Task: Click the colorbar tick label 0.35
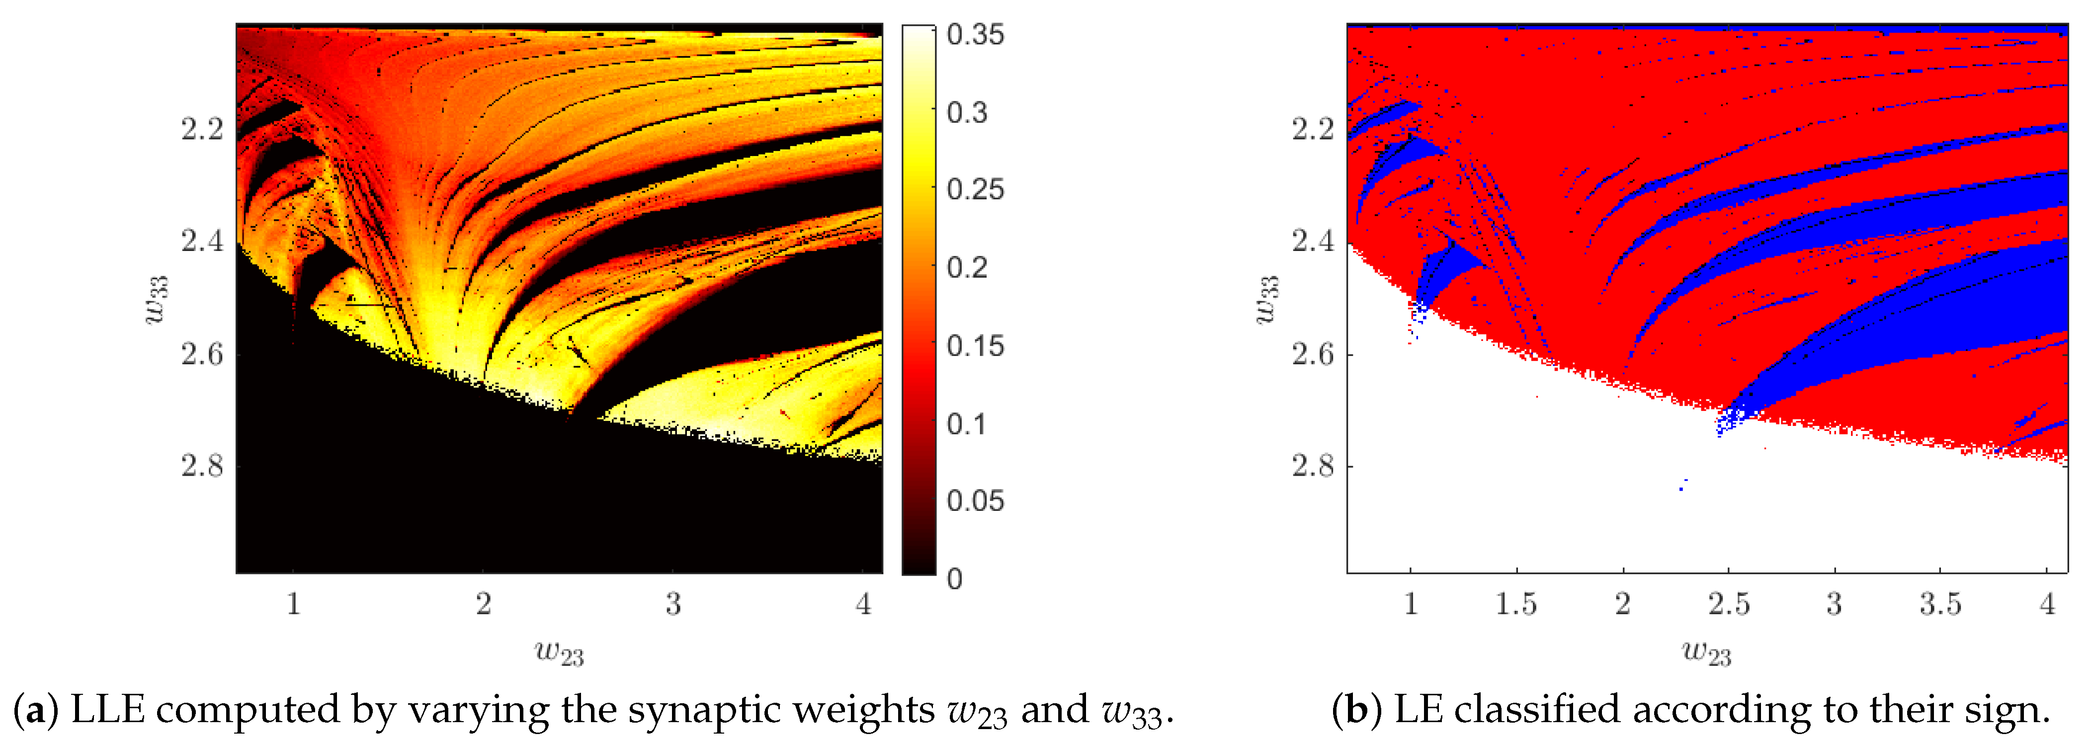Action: click(x=975, y=34)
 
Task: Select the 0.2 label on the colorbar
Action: click(x=967, y=267)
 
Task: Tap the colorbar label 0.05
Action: click(x=975, y=500)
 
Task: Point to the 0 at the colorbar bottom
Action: click(x=955, y=579)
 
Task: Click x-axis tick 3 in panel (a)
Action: click(x=673, y=604)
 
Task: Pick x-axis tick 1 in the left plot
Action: click(x=293, y=604)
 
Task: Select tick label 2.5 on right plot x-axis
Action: click(x=1728, y=604)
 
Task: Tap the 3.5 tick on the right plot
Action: click(x=1940, y=604)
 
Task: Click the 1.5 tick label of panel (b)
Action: click(x=1516, y=604)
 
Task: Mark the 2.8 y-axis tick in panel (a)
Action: click(x=201, y=466)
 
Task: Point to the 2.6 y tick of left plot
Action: click(x=201, y=353)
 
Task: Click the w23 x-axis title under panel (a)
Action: click(x=559, y=652)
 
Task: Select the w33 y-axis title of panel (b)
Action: click(x=1267, y=299)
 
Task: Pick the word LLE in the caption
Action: click(x=108, y=709)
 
